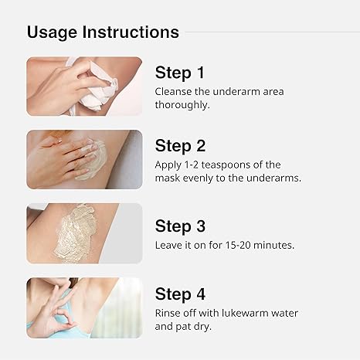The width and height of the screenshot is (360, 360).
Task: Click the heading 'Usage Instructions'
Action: [103, 32]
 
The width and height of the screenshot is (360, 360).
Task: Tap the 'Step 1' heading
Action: [180, 73]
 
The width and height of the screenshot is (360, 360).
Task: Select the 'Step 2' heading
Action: [180, 146]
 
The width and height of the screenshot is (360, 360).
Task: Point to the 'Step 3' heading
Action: [180, 226]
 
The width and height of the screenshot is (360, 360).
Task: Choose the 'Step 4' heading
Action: [180, 294]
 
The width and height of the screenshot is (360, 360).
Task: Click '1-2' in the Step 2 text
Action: [199, 165]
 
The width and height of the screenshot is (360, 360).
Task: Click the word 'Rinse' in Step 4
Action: [170, 313]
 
